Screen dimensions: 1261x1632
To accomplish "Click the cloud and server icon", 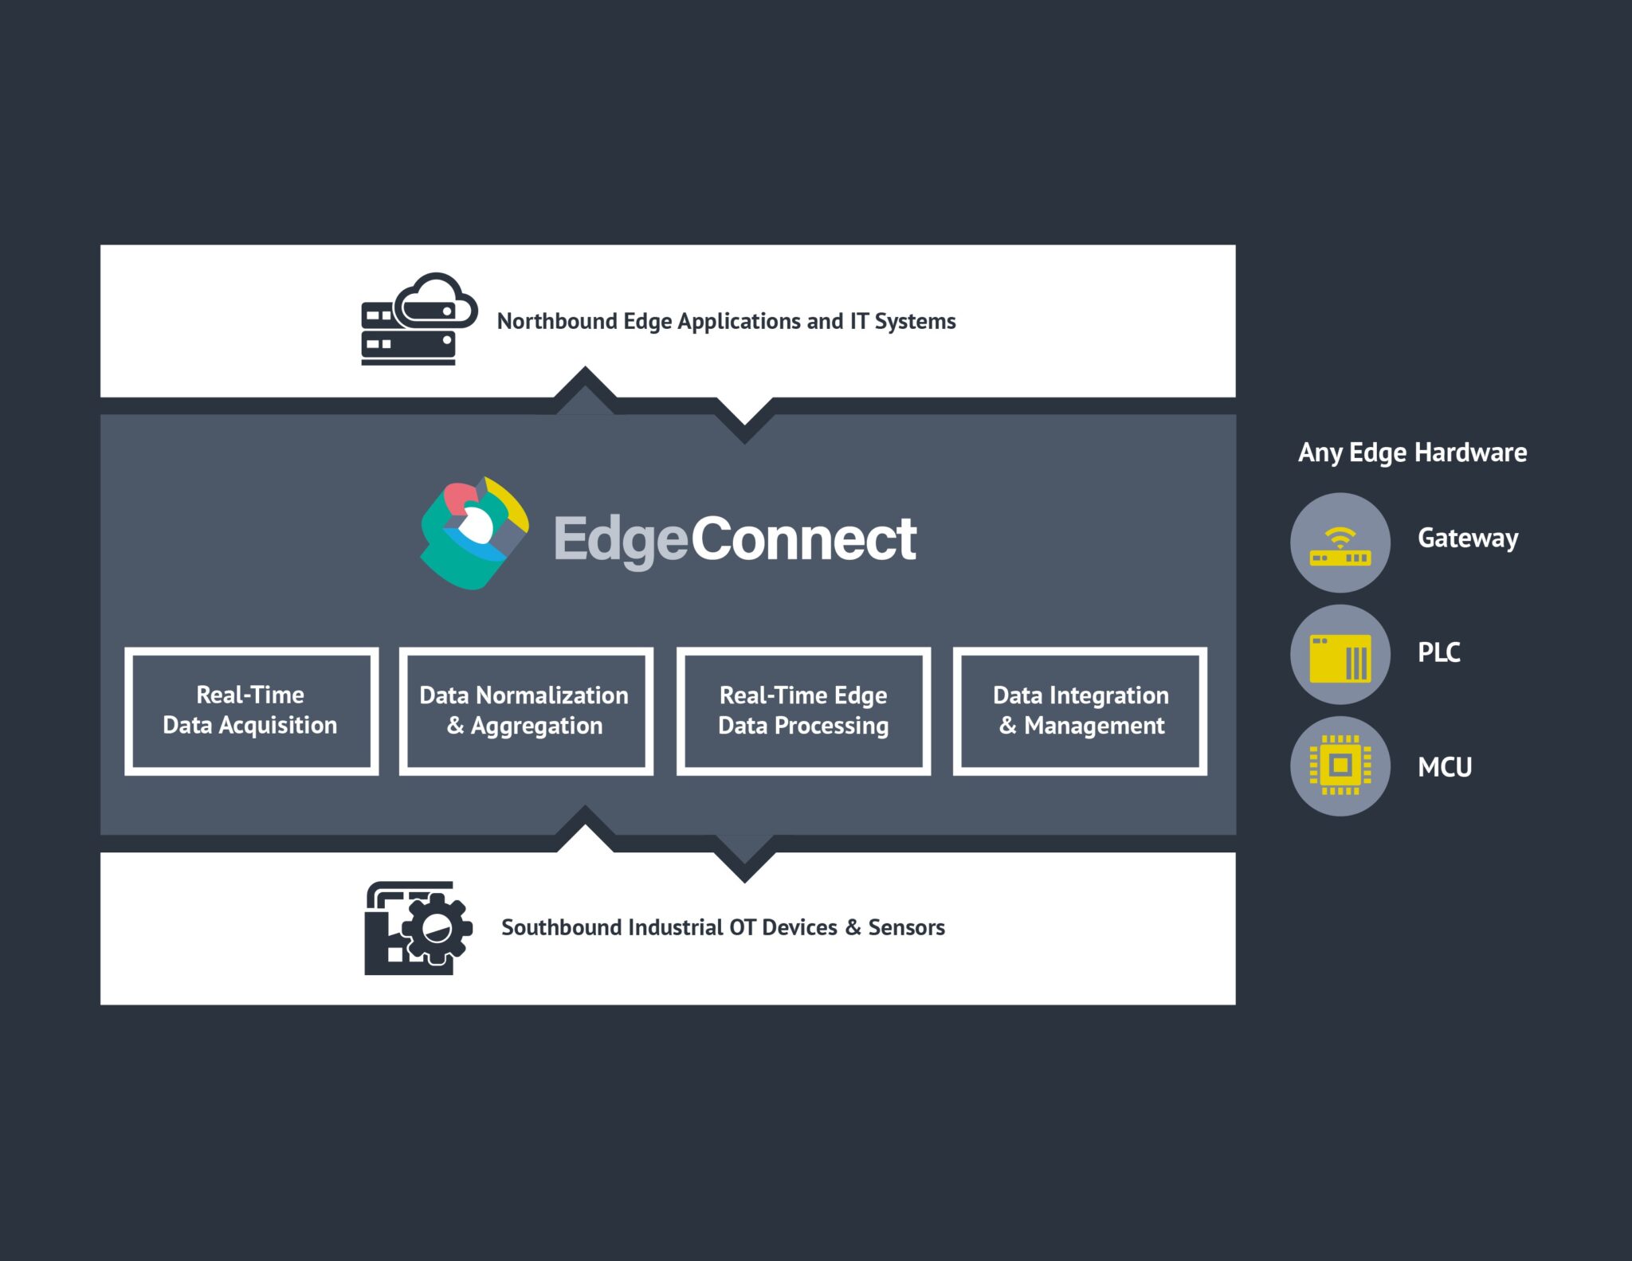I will [x=418, y=319].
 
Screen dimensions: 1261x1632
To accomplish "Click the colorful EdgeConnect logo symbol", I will [x=474, y=534].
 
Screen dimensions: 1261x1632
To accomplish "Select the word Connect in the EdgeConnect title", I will [x=803, y=539].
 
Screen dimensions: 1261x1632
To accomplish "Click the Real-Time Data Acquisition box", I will [x=251, y=711].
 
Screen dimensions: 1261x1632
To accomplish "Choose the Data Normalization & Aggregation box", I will [x=526, y=711].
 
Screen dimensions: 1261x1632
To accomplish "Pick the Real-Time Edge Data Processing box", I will [x=803, y=711].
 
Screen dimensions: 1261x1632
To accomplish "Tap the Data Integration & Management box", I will [x=1080, y=711].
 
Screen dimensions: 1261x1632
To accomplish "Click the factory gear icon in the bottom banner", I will [x=418, y=928].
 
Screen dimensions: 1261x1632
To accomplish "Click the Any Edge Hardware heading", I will [x=1412, y=452].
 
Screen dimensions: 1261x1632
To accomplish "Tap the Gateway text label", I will [x=1468, y=538].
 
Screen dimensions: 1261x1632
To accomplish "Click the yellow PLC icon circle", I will [x=1340, y=655].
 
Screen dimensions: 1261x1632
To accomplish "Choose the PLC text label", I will [x=1438, y=652].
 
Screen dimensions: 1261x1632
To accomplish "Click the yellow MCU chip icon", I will [x=1340, y=766].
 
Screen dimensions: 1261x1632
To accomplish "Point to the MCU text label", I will [x=1444, y=767].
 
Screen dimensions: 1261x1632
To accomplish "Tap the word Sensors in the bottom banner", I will [x=906, y=927].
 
